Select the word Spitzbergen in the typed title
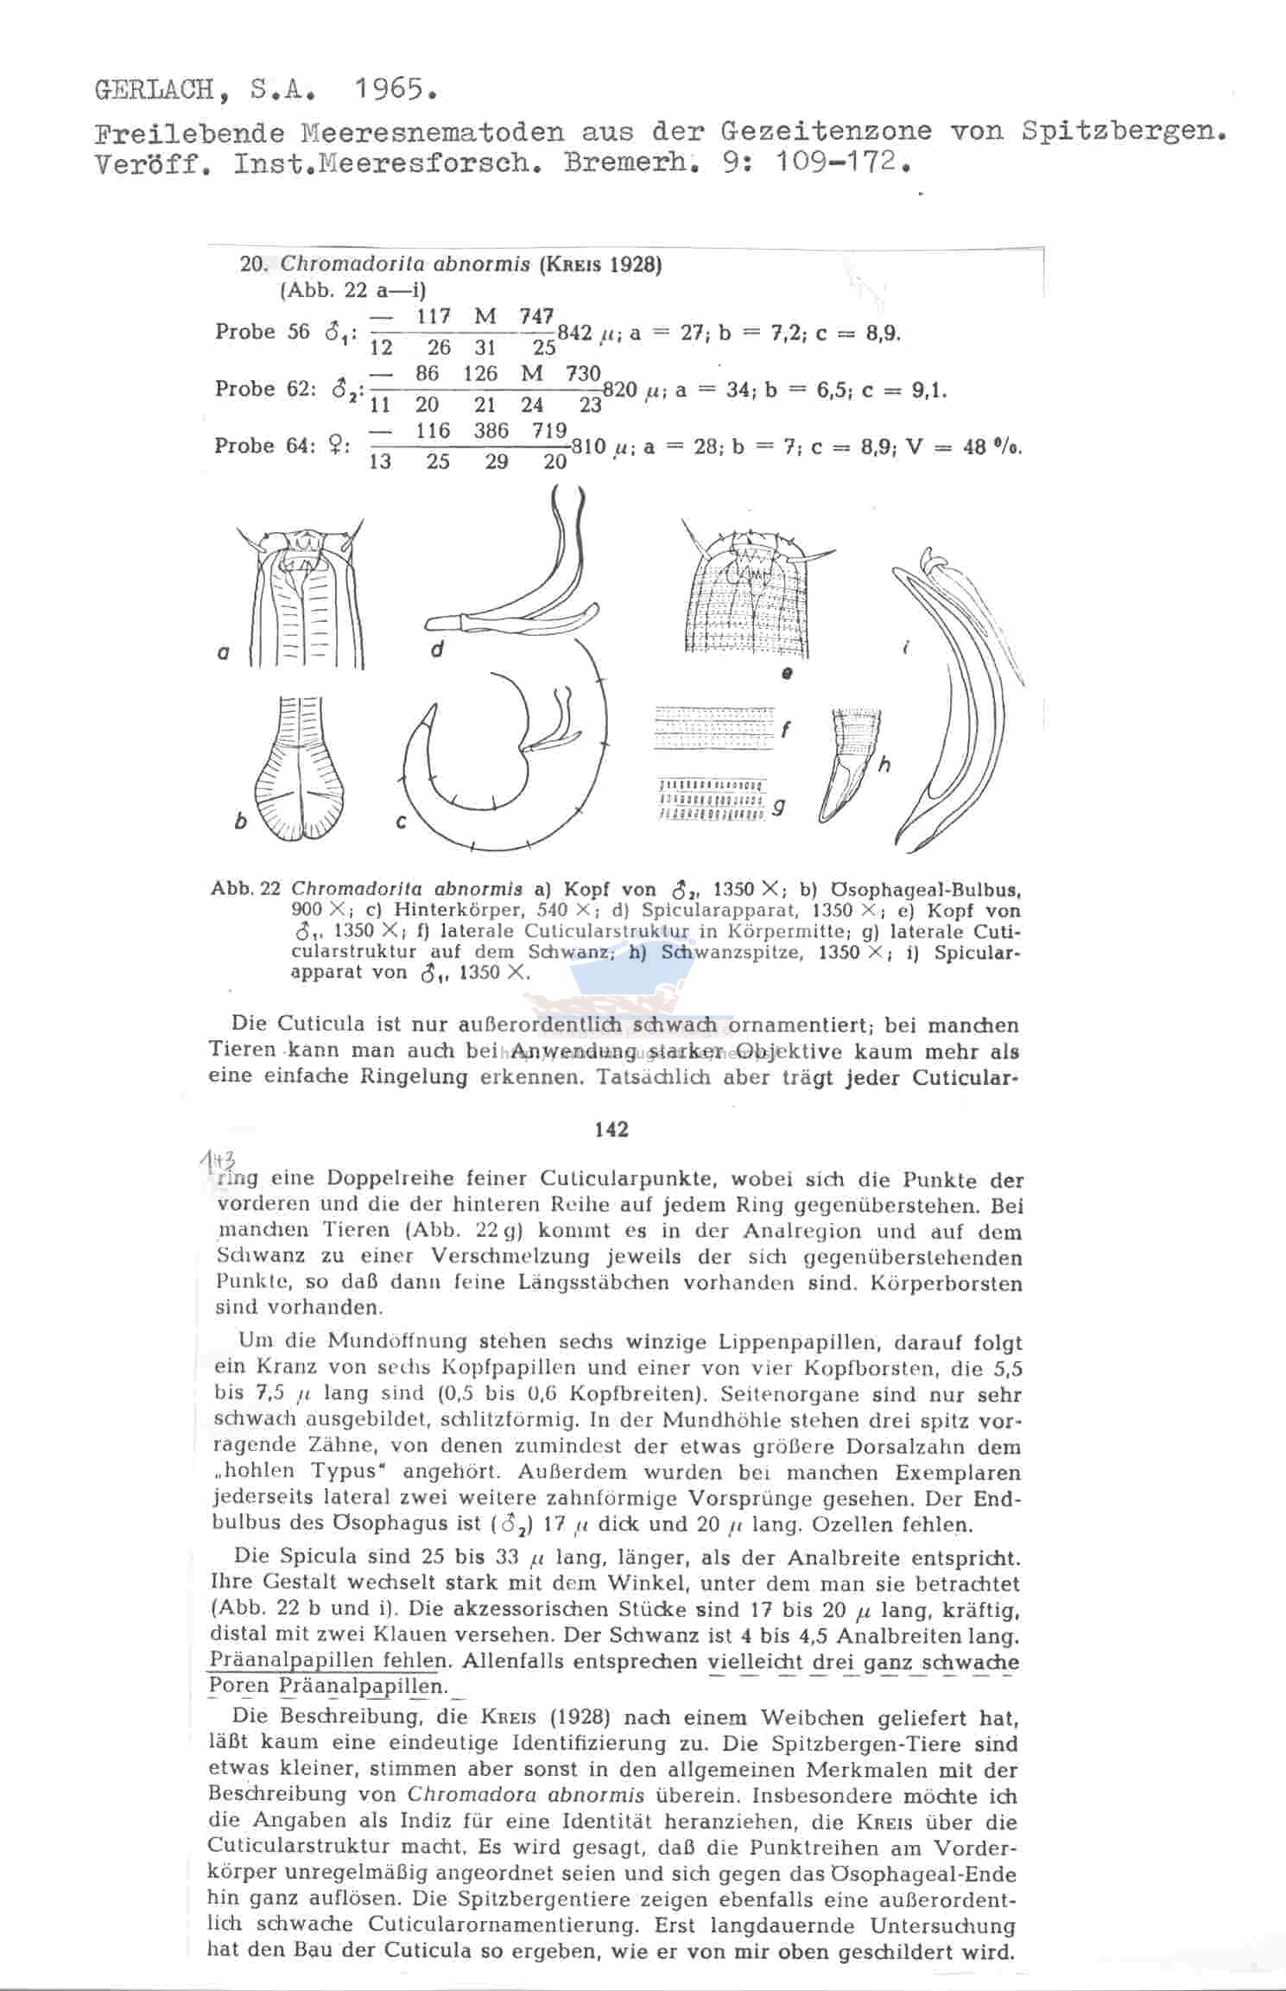click(x=1122, y=131)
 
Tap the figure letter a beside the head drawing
click(x=223, y=654)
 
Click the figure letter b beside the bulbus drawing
click(x=241, y=821)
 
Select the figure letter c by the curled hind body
click(x=402, y=821)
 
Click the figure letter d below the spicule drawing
click(x=438, y=649)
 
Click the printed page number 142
click(x=611, y=1130)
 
